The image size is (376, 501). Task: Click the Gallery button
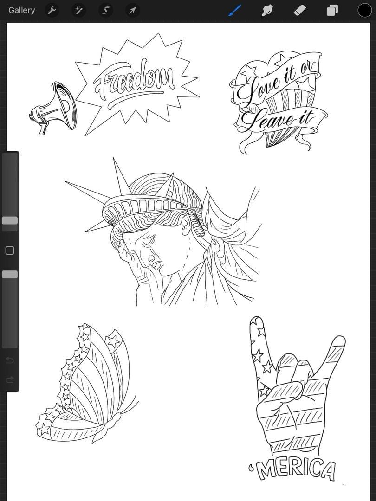pyautogui.click(x=21, y=10)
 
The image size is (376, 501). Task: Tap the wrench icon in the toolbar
pyautogui.click(x=52, y=11)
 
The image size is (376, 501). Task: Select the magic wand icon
pyautogui.click(x=78, y=11)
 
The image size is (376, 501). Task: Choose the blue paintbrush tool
pyautogui.click(x=235, y=11)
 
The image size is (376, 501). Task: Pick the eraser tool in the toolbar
pyautogui.click(x=300, y=11)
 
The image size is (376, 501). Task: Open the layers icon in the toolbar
pyautogui.click(x=332, y=11)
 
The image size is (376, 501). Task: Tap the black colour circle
pyautogui.click(x=364, y=10)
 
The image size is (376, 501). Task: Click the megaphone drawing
pyautogui.click(x=53, y=108)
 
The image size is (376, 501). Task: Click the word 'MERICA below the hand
pyautogui.click(x=292, y=469)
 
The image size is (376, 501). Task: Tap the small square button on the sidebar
pyautogui.click(x=10, y=250)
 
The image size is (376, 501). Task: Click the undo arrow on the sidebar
pyautogui.click(x=10, y=360)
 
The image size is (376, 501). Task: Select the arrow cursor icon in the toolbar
pyautogui.click(x=132, y=11)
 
